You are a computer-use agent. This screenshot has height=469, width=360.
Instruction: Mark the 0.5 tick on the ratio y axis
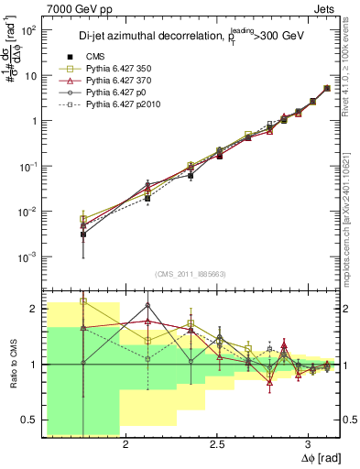(x=32, y=420)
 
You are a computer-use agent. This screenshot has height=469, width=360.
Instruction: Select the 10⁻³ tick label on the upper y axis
(x=29, y=257)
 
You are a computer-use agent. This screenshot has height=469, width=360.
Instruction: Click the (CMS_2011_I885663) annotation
(x=183, y=274)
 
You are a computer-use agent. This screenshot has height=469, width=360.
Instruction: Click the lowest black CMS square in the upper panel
(x=83, y=234)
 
